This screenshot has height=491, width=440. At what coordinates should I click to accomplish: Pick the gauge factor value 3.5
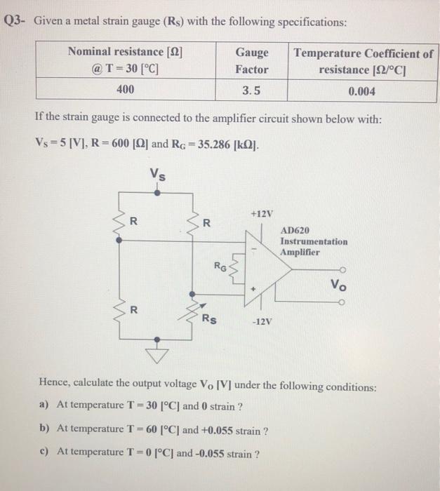click(251, 90)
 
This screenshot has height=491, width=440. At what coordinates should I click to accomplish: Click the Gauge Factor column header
click(251, 61)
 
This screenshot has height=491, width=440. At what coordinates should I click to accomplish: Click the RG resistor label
click(220, 267)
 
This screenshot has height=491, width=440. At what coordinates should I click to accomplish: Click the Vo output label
click(339, 285)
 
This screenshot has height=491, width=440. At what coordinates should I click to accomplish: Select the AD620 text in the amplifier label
click(293, 230)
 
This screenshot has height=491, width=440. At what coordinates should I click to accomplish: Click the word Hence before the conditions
click(55, 386)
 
